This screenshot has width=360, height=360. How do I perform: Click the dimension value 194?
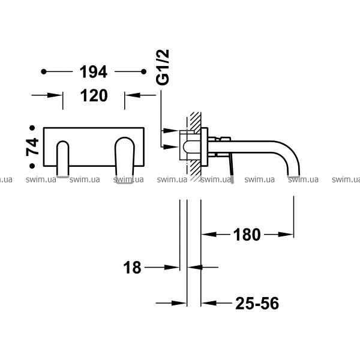(93, 72)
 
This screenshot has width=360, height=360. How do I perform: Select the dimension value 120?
(94, 95)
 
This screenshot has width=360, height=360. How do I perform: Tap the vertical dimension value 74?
(32, 147)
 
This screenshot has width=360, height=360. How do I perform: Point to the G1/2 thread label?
(163, 67)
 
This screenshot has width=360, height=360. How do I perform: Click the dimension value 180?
(247, 235)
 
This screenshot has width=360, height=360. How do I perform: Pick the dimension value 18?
(132, 268)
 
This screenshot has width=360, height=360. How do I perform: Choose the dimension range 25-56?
(257, 303)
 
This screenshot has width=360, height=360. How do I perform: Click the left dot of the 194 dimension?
(44, 72)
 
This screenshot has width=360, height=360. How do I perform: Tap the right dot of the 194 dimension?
(144, 72)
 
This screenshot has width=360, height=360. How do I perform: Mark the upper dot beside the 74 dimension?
(32, 128)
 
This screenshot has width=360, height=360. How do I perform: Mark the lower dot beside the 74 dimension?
(32, 166)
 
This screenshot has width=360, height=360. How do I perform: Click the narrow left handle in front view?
(62, 159)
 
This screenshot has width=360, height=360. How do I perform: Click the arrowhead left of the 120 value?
(55, 95)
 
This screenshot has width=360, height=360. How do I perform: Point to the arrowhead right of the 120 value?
(133, 95)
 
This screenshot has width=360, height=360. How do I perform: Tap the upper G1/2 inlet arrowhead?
(171, 131)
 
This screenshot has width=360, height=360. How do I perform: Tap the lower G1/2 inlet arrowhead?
(171, 146)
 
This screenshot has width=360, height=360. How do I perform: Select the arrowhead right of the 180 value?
(286, 235)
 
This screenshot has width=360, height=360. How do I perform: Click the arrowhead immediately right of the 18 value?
(172, 267)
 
